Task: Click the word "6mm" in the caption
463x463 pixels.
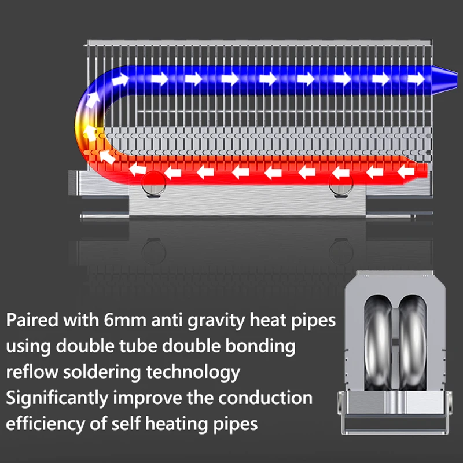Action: coord(125,320)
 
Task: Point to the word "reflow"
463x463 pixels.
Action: coord(32,372)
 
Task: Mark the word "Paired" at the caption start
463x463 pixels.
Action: coord(32,320)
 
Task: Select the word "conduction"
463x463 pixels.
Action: coord(265,398)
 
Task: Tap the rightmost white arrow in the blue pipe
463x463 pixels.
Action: coord(416,79)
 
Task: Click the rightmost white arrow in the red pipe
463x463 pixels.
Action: coord(406,172)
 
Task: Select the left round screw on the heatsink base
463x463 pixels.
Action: coord(153,183)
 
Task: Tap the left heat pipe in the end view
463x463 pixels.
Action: coord(378,343)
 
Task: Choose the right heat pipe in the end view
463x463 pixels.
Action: coord(412,343)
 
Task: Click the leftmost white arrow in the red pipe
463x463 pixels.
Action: coord(138,170)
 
